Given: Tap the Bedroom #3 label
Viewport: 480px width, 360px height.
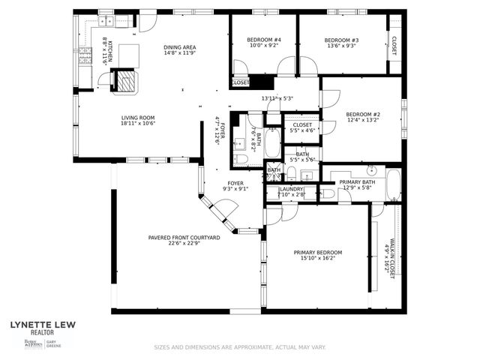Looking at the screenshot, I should (x=341, y=40).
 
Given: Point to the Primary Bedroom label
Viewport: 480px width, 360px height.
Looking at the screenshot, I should (x=317, y=252).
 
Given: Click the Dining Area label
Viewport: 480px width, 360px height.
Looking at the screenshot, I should (x=179, y=47).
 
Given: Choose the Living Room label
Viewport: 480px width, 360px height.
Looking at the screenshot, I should (x=138, y=118).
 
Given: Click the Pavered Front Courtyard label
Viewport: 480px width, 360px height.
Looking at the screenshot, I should (x=184, y=237).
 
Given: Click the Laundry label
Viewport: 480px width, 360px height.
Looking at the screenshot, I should (x=292, y=189).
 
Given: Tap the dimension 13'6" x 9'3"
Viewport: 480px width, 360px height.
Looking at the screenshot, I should (x=341, y=46).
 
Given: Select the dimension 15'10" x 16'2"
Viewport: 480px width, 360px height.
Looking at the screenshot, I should (x=317, y=259).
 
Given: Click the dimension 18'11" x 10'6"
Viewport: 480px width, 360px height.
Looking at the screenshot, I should (x=138, y=124).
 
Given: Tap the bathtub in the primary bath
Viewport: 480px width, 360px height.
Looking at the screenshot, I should (x=393, y=184).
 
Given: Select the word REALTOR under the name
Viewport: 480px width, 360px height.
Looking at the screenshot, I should (x=41, y=331).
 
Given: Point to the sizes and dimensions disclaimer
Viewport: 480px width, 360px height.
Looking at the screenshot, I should (x=239, y=347).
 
